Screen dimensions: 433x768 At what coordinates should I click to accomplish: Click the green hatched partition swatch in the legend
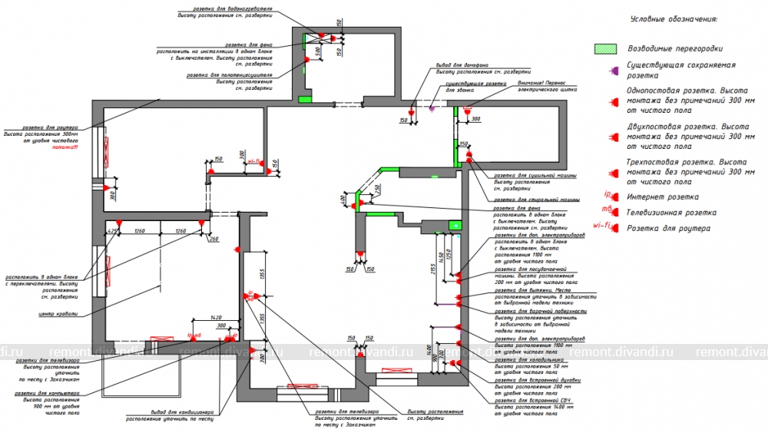[606, 48]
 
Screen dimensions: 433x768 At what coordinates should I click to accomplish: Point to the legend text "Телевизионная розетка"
[668, 212]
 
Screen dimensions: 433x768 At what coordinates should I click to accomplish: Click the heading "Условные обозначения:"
[673, 18]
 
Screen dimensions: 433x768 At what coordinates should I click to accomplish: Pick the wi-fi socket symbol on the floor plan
[254, 162]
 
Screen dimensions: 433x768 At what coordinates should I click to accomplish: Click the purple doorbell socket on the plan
[432, 107]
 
